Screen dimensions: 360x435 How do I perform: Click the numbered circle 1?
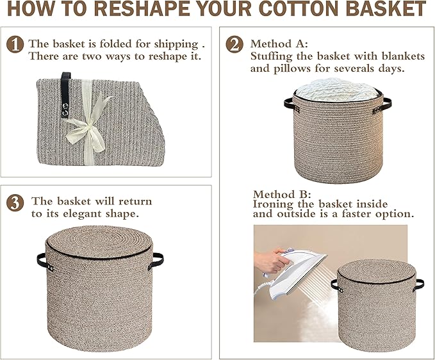[15, 45]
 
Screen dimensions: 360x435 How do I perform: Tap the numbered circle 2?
[235, 44]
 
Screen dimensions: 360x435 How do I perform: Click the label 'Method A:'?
[279, 44]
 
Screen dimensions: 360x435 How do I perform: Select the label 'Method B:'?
[282, 194]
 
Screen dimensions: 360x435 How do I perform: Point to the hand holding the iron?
[272, 259]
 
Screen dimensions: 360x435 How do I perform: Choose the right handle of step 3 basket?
[156, 261]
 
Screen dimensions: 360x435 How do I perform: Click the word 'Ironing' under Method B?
[275, 204]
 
